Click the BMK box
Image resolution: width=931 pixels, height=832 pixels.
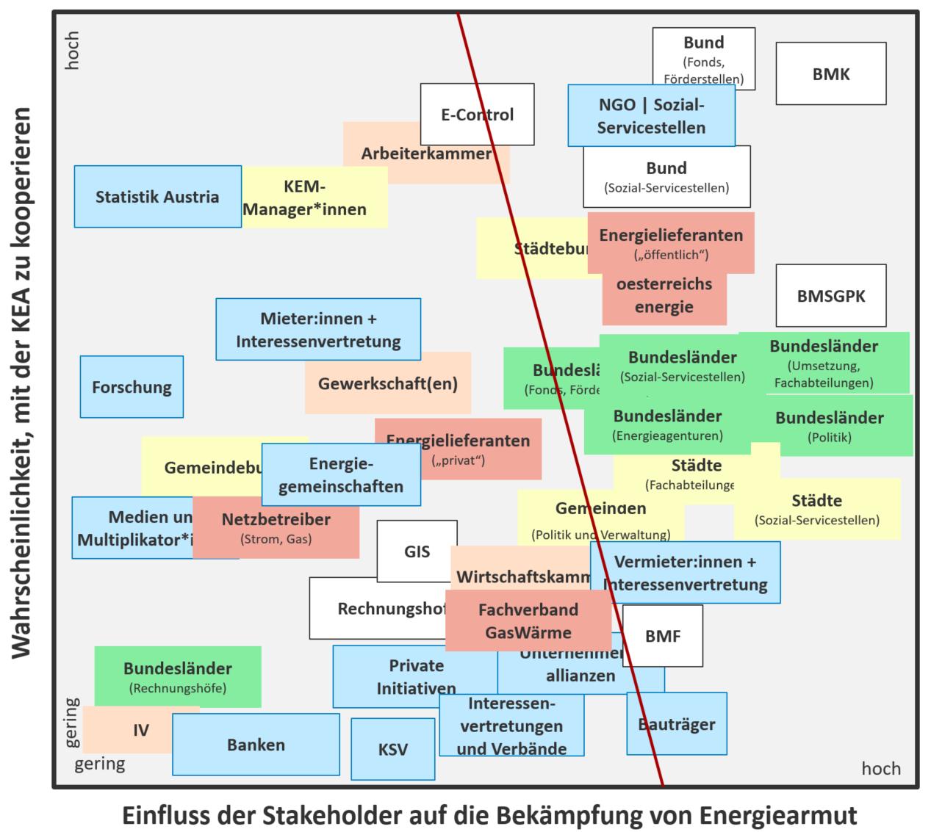[830, 73]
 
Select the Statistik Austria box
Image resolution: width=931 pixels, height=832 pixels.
[157, 196]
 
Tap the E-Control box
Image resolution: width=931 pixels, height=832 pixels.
[477, 114]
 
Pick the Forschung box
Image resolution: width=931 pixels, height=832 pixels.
[132, 387]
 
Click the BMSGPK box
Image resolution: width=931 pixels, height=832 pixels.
[830, 296]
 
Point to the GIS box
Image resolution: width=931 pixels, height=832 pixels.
[417, 551]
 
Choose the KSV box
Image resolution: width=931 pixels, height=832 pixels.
[392, 749]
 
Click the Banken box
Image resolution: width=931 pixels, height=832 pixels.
[256, 744]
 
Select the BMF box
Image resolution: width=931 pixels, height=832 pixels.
[663, 636]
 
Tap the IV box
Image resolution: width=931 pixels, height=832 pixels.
[140, 730]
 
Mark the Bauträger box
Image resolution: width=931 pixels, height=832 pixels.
[676, 723]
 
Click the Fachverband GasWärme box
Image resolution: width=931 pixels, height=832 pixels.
[528, 621]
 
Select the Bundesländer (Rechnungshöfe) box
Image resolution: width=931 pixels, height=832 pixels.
[177, 676]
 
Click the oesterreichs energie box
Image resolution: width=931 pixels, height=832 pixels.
[664, 295]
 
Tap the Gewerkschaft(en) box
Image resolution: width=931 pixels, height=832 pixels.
[387, 383]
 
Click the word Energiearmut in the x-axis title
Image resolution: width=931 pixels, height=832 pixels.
[777, 815]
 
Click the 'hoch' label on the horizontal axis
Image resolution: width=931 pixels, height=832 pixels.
[880, 768]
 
